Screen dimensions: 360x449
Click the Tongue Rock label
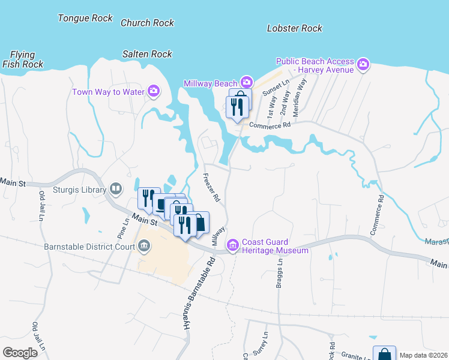(x=85, y=18)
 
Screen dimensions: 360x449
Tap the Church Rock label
(x=147, y=23)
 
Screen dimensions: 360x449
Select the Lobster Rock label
(x=294, y=28)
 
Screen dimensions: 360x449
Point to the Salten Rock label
(x=147, y=54)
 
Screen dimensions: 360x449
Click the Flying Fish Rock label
(x=22, y=59)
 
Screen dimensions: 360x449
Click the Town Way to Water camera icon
(x=154, y=91)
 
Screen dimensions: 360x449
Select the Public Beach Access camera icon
(x=363, y=64)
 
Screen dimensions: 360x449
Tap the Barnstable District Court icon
(x=144, y=245)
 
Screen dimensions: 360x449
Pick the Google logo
(x=20, y=353)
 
